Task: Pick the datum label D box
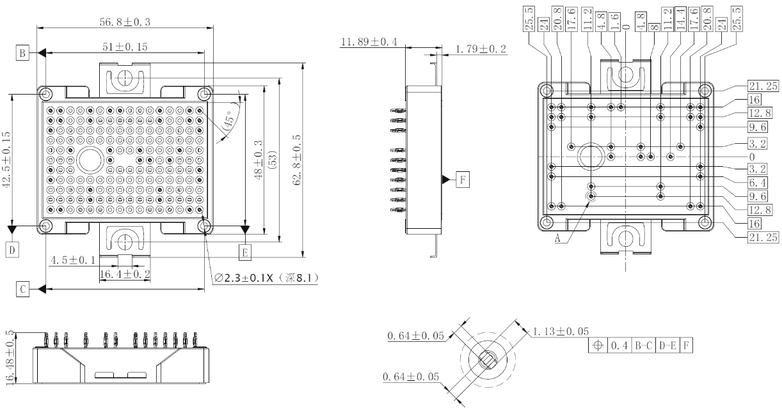(11, 249)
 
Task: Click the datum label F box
(461, 180)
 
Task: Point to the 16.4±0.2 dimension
(125, 274)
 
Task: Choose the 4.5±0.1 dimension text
(73, 260)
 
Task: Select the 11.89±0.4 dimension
(369, 42)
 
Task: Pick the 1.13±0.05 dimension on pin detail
(561, 331)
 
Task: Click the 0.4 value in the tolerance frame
(619, 345)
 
